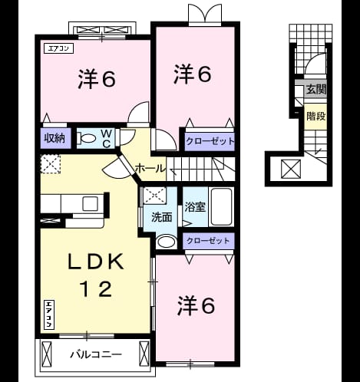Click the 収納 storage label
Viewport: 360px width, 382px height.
(x=55, y=138)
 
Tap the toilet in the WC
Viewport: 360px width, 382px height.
(x=87, y=138)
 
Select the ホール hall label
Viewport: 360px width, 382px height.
(x=150, y=169)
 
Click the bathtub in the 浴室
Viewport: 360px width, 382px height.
(x=222, y=207)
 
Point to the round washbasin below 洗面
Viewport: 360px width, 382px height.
(x=167, y=242)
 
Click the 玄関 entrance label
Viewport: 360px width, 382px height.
(x=316, y=89)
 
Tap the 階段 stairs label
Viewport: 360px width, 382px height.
(x=316, y=116)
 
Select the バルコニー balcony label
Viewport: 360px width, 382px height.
(x=96, y=354)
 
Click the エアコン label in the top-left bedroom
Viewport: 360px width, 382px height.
(x=59, y=48)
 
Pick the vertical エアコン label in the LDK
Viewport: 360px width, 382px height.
(x=49, y=314)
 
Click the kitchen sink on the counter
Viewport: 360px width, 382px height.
(x=90, y=203)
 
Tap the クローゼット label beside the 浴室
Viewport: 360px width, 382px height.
(x=208, y=241)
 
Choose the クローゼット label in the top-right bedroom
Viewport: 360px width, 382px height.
(x=210, y=141)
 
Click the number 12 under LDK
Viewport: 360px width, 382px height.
(x=96, y=289)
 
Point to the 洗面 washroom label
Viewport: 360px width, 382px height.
(x=161, y=217)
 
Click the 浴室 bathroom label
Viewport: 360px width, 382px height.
(x=195, y=206)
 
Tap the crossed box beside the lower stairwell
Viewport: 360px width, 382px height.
(x=291, y=169)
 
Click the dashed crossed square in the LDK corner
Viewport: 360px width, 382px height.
(x=51, y=164)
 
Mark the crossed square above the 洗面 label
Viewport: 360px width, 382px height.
(x=154, y=196)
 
